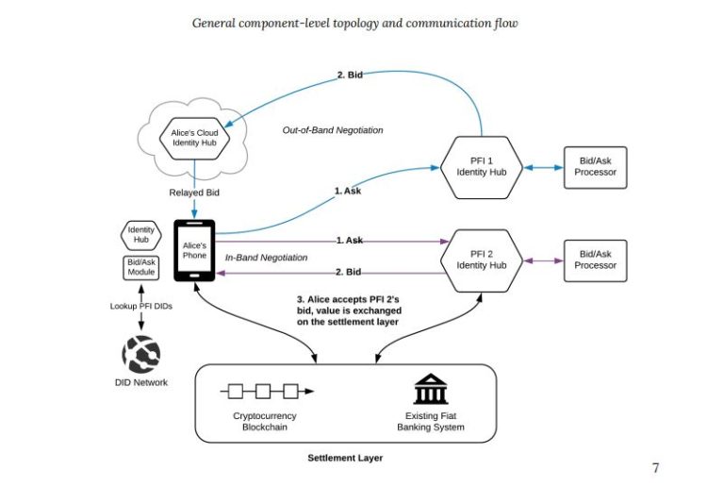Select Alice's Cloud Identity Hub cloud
pos(195,139)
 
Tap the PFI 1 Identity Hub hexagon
pos(482,167)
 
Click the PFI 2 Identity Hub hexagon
pos(482,260)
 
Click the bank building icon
pos(429,390)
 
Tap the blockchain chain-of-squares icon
pos(266,390)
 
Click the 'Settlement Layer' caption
pos(345,458)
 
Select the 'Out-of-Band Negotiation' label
pos(333,130)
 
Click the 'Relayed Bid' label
pos(195,193)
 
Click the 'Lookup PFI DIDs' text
pos(141,306)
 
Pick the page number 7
pos(656,467)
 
